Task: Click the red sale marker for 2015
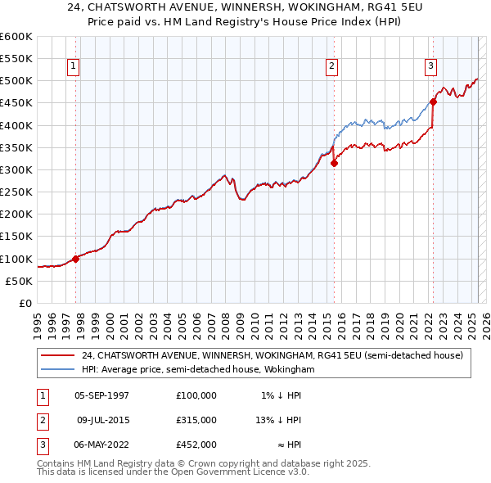[x=334, y=163]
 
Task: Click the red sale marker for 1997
[x=75, y=259]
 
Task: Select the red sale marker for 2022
[x=433, y=102]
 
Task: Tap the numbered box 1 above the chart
[x=74, y=66]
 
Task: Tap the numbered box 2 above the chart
[x=331, y=66]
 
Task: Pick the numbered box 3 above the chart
[x=430, y=66]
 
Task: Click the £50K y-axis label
[x=19, y=281]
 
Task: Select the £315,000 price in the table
[x=196, y=420]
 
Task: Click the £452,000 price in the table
[x=196, y=445]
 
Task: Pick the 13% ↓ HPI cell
[x=278, y=420]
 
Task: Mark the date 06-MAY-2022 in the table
[x=101, y=445]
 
